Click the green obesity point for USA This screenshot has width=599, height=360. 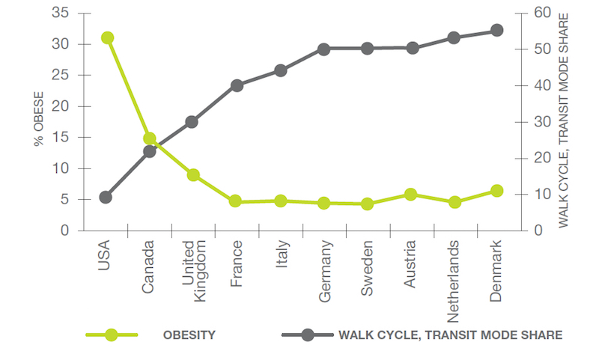[x=107, y=38]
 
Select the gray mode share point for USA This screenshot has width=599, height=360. [x=106, y=198]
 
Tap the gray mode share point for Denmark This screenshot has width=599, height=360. [x=496, y=31]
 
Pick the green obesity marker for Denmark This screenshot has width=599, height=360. [x=496, y=192]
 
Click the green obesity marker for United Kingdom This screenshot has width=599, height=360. [x=193, y=175]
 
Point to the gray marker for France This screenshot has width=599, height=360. [x=237, y=85]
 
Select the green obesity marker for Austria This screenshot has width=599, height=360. [x=410, y=195]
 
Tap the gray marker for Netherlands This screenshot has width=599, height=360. [x=453, y=37]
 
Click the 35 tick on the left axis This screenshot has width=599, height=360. [x=61, y=13]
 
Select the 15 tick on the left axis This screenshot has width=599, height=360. [x=61, y=137]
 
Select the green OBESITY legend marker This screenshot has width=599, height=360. [x=112, y=335]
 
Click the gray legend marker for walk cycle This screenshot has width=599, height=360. [x=308, y=335]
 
